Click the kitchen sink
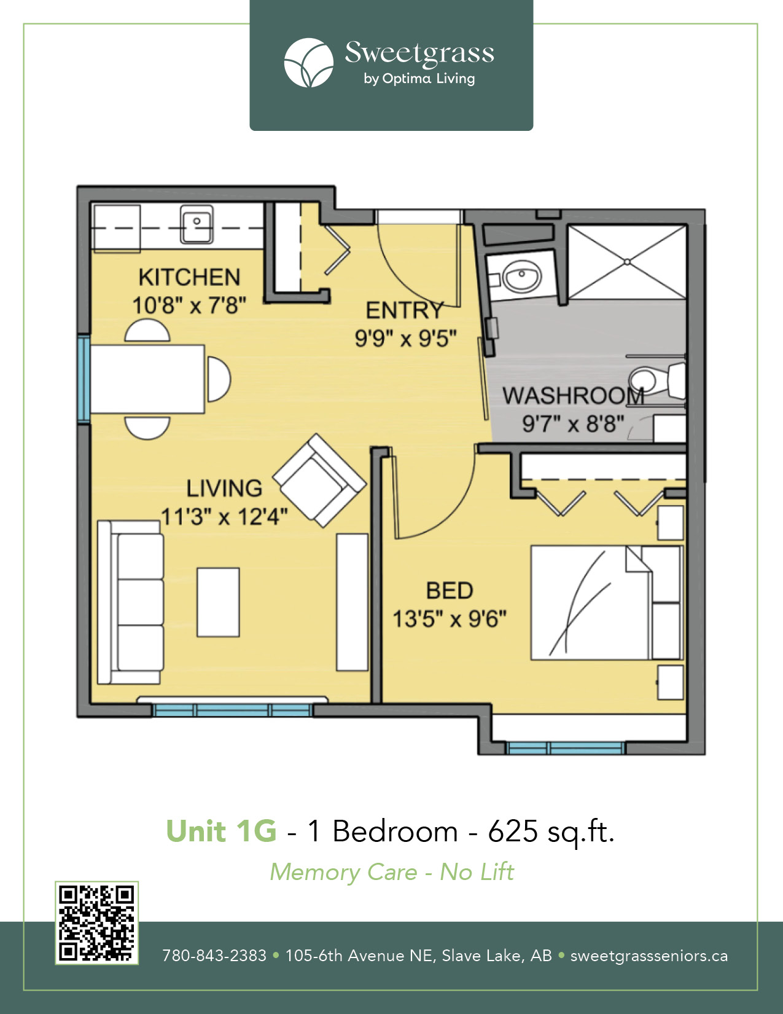(x=197, y=224)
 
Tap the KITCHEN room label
(x=189, y=277)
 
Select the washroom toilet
(x=656, y=381)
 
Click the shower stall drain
(x=627, y=262)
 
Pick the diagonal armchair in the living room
(x=319, y=480)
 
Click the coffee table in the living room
(x=218, y=602)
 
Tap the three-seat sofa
(x=131, y=602)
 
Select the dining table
(x=147, y=379)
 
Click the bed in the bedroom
(x=607, y=602)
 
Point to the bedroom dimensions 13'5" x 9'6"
(x=450, y=619)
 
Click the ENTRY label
(x=404, y=310)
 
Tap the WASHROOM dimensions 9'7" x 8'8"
(x=573, y=423)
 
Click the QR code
(x=96, y=923)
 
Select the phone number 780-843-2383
(x=214, y=956)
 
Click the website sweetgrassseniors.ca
(x=649, y=956)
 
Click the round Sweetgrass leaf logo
(x=309, y=63)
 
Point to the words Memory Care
(x=344, y=872)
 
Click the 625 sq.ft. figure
(x=551, y=831)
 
